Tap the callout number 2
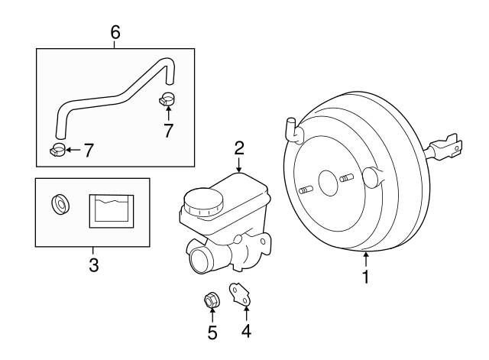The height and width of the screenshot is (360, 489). click(x=239, y=147)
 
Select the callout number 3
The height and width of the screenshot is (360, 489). click(x=93, y=265)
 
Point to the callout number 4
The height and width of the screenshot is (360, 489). click(x=246, y=331)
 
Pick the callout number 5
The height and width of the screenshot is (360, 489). click(x=212, y=332)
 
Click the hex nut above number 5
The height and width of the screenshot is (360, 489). click(x=212, y=300)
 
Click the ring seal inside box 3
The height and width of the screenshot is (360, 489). click(x=59, y=205)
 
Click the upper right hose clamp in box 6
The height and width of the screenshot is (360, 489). click(x=168, y=98)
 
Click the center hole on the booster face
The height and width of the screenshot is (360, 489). click(x=329, y=182)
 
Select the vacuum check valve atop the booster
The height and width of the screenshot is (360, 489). click(x=292, y=129)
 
